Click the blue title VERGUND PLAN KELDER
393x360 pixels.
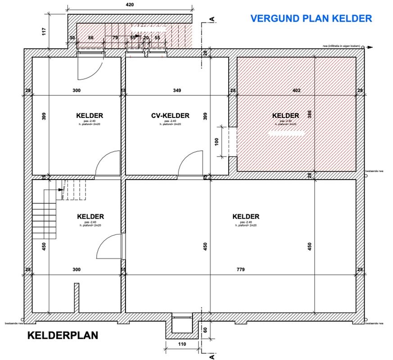coord(311,18)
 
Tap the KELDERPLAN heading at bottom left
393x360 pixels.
coord(63,336)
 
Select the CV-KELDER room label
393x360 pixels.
coord(170,116)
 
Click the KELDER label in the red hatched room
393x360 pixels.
coord(285,116)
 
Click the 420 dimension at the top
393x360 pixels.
coord(130,5)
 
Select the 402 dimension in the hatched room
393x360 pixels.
coord(296,90)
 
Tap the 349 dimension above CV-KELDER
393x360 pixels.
coord(177,90)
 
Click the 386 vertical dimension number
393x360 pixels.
coord(309,114)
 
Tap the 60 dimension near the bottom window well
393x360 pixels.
coord(205,329)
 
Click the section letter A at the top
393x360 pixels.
coord(211,19)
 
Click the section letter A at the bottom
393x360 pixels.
coord(211,356)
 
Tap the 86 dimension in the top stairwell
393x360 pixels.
coord(91,38)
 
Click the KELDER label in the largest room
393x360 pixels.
coord(246,216)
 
